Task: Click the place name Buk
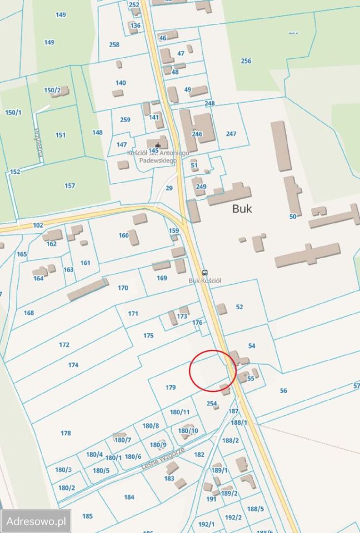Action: [x=242, y=209]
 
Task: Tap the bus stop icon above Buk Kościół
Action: [x=205, y=273]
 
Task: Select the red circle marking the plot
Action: [x=213, y=369]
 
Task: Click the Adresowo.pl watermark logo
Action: [x=36, y=521]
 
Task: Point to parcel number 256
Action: [x=246, y=61]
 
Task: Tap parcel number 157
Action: [x=69, y=185]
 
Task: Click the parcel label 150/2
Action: [x=52, y=90]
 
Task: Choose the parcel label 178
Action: [x=66, y=433]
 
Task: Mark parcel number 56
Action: [x=283, y=391]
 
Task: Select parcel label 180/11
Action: [x=179, y=412]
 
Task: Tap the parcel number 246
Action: [x=197, y=134]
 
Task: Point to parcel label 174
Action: [x=73, y=365]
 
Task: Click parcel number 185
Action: [x=87, y=516]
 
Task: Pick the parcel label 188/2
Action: [x=231, y=440]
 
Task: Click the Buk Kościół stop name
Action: [x=205, y=281]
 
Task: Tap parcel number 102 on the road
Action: [x=38, y=225]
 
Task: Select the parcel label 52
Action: [x=239, y=306]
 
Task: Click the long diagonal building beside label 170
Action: [x=88, y=290]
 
